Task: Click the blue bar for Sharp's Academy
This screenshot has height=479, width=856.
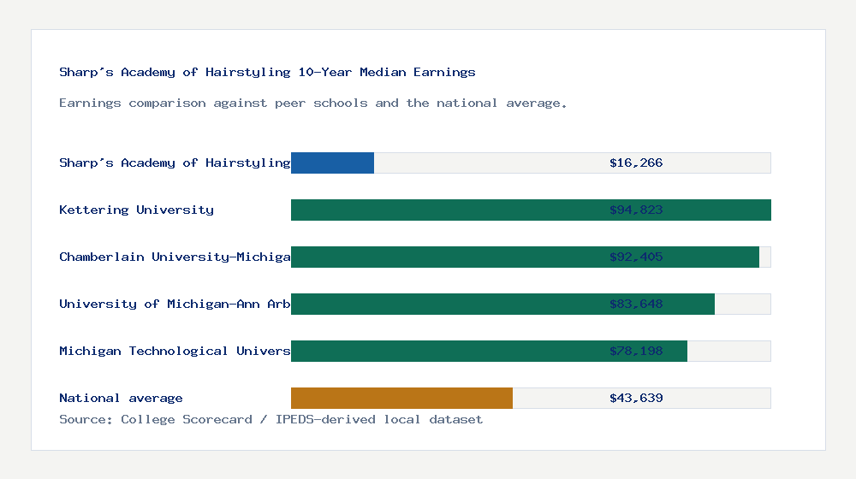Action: pos(332,163)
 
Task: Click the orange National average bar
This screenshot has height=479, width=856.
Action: pos(401,398)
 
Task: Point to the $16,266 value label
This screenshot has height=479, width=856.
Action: pos(636,163)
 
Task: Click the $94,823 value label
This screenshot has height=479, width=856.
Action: pos(636,210)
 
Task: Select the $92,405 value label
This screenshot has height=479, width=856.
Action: pos(636,257)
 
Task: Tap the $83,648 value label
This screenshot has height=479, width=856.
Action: pos(636,304)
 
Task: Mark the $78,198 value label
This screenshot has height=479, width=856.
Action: pos(636,351)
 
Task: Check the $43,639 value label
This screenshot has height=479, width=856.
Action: pos(636,398)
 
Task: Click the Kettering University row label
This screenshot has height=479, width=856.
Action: pos(136,210)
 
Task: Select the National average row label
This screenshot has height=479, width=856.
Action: pos(121,398)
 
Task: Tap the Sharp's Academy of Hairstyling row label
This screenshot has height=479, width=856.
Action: pos(175,163)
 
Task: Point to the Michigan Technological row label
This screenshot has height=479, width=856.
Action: pos(175,351)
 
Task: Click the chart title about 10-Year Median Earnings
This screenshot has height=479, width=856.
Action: pos(267,72)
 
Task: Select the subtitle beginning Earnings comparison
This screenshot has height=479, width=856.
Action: pos(313,103)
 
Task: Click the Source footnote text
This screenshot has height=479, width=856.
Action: pos(270,419)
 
